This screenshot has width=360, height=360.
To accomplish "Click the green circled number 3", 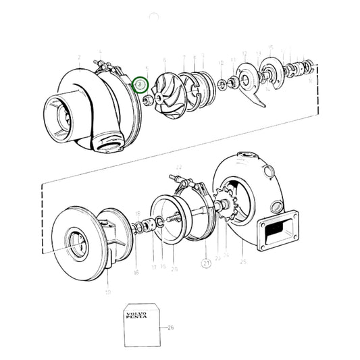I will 140,84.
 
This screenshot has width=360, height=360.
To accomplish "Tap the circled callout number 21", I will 206,262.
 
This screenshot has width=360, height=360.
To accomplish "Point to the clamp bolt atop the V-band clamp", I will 182,180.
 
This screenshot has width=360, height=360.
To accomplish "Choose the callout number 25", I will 242,260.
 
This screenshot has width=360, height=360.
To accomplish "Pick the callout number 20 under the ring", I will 174,267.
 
